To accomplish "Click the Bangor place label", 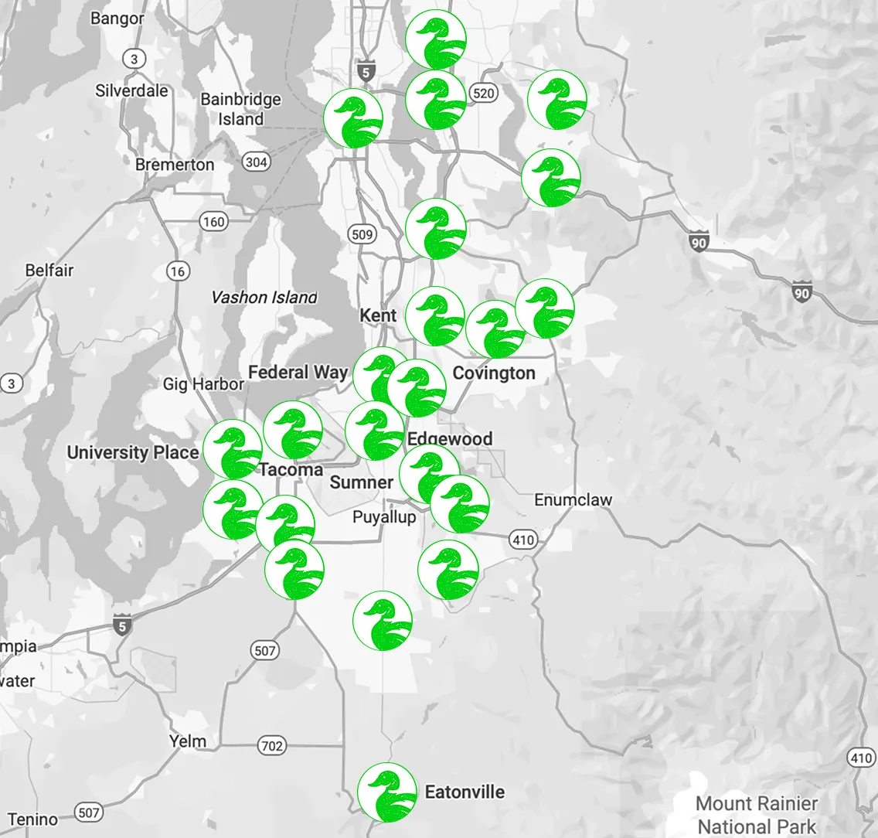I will click(117, 18).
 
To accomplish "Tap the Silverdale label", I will click(131, 90).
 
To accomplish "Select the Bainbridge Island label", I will click(240, 109).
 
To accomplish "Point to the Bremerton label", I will click(175, 165).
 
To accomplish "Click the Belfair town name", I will click(49, 271).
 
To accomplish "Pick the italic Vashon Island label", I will click(264, 298).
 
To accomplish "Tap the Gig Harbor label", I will click(203, 384).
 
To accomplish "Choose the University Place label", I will click(133, 452).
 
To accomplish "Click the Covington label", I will click(493, 373).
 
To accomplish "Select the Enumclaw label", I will click(573, 500).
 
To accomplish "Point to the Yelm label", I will click(188, 741).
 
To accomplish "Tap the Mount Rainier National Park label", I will click(757, 815).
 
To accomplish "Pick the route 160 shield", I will click(213, 222).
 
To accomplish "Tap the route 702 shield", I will click(271, 746).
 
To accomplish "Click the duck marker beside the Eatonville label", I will click(387, 792).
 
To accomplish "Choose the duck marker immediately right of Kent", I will click(434, 315).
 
